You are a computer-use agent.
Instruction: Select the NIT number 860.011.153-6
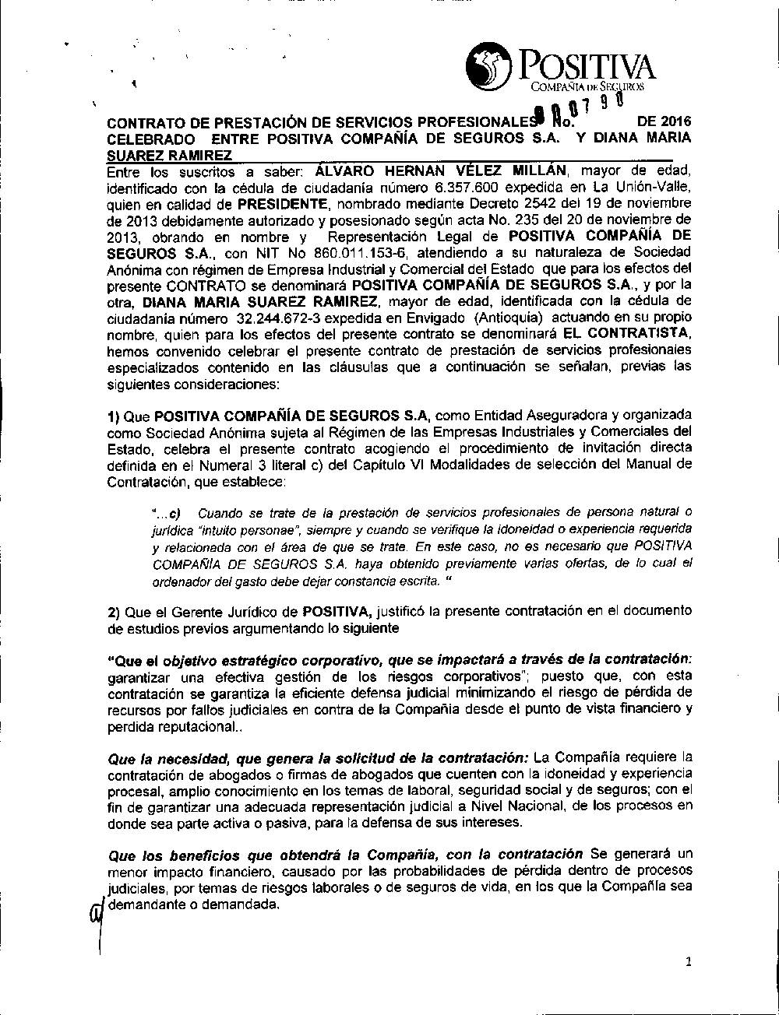[364, 253]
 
